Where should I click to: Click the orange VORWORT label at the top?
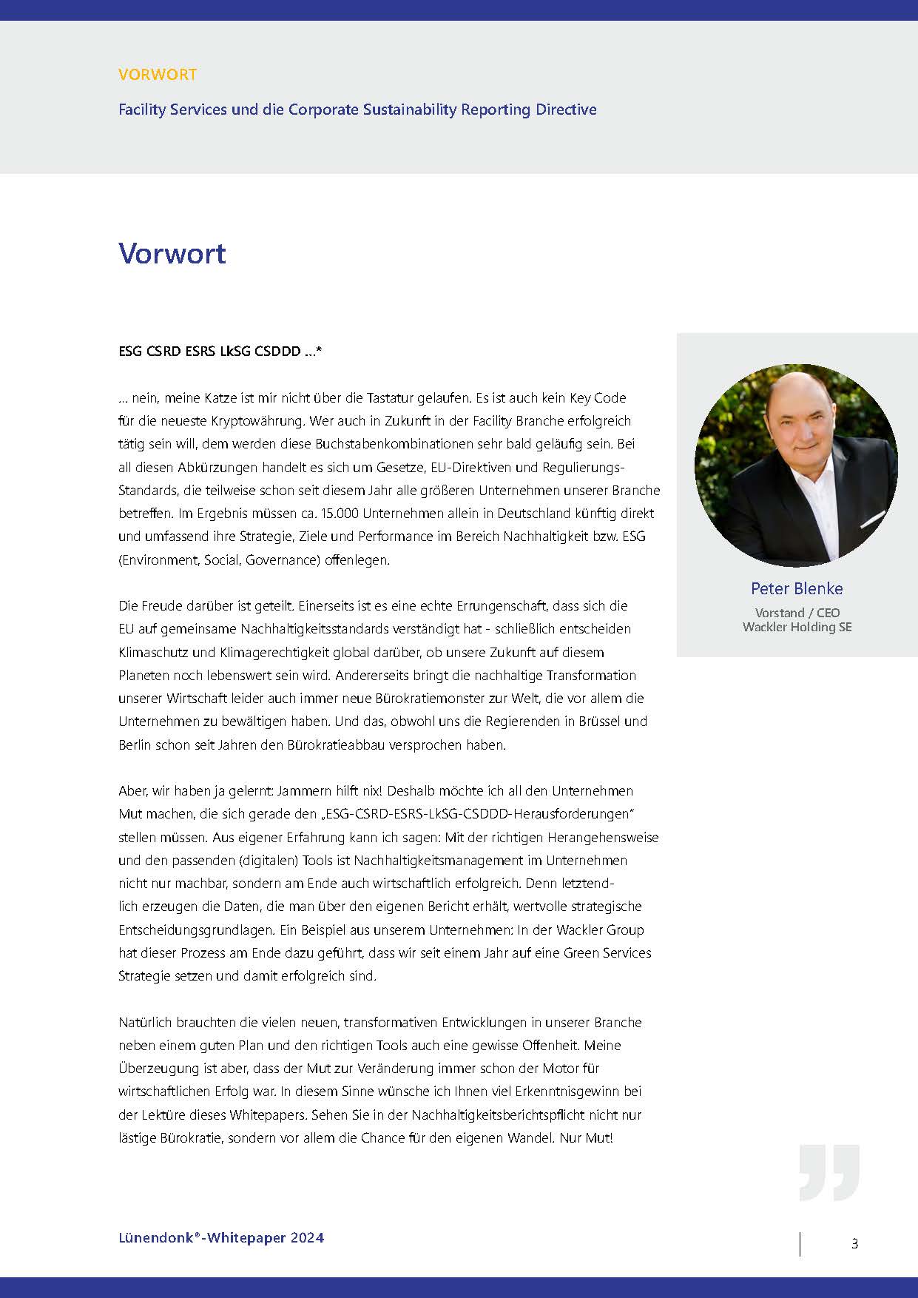point(157,75)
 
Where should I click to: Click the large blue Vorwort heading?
point(172,253)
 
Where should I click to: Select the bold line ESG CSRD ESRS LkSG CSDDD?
point(220,352)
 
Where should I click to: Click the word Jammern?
point(301,790)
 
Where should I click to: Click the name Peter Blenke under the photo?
point(797,588)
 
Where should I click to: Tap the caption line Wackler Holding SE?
point(797,627)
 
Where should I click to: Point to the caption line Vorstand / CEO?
point(797,613)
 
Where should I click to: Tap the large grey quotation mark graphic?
point(829,1172)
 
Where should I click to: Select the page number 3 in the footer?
point(854,1243)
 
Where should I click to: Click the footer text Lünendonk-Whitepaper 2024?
point(221,1237)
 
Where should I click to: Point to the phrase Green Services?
point(607,952)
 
